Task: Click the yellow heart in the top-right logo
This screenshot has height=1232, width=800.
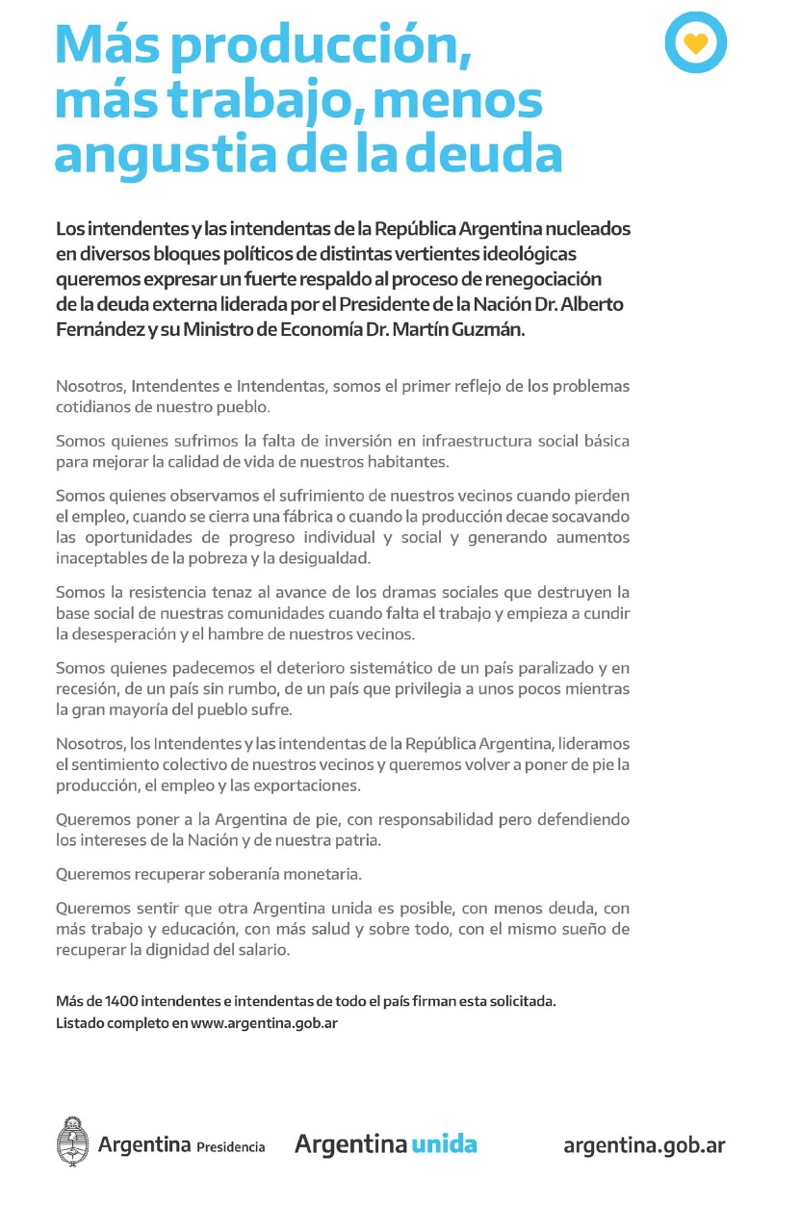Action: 695,43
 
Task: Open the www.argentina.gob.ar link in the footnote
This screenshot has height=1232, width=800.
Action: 264,1023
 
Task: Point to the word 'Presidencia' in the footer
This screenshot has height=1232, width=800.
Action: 230,1147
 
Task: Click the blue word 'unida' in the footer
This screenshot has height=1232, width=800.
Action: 444,1144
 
